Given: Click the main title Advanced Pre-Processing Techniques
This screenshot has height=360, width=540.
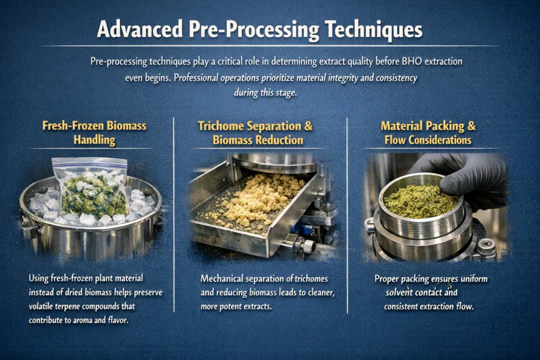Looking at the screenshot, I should [x=259, y=30].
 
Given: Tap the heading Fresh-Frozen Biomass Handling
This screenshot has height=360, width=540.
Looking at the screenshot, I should [x=94, y=133].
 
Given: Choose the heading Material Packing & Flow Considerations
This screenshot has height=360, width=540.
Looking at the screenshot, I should [x=428, y=133].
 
